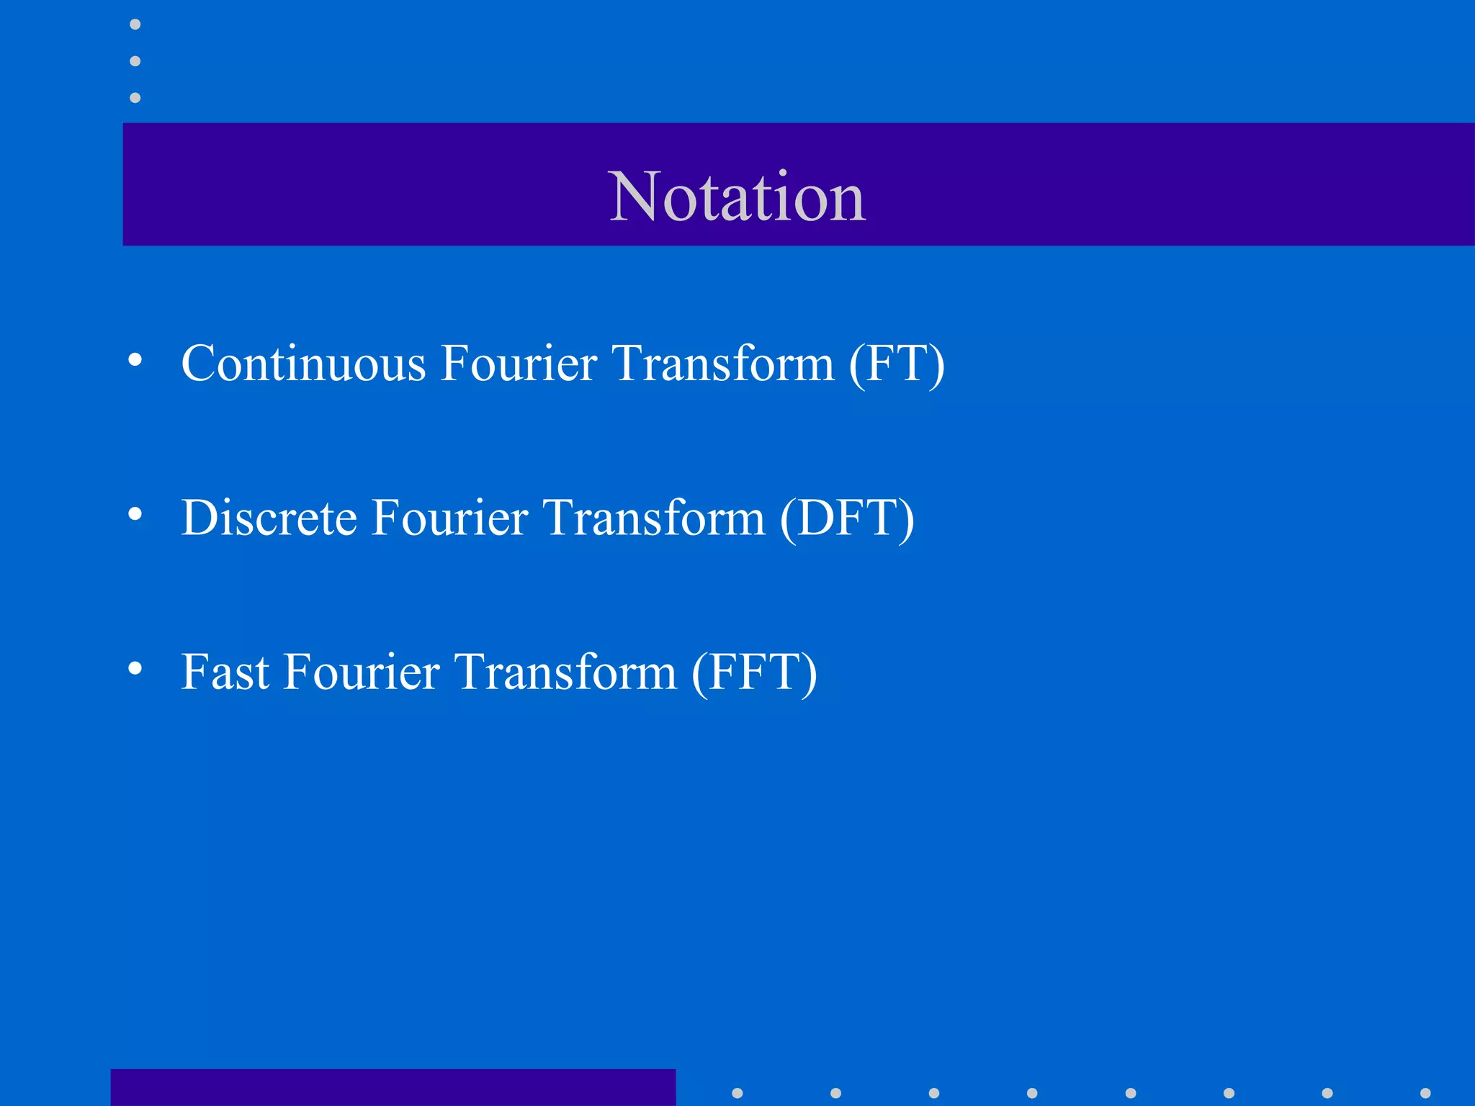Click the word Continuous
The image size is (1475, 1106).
coord(303,363)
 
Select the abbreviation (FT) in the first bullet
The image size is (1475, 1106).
coord(896,364)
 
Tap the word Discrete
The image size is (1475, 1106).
coord(269,518)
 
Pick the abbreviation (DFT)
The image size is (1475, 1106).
coord(847,519)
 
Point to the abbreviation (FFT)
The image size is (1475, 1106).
coord(754,673)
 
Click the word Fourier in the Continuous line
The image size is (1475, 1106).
coord(519,363)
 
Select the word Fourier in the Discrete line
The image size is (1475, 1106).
coord(449,518)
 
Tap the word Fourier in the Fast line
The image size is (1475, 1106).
coord(361,673)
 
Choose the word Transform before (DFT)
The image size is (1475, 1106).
coord(654,518)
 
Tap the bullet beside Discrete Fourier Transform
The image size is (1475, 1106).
coord(135,514)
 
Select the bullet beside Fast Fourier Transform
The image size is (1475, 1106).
coord(135,669)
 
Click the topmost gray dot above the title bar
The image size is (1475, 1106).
coord(135,24)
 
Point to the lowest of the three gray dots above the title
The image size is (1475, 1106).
coord(135,97)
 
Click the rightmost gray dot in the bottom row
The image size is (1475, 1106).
coord(1425,1093)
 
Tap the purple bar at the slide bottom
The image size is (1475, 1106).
coord(393,1087)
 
